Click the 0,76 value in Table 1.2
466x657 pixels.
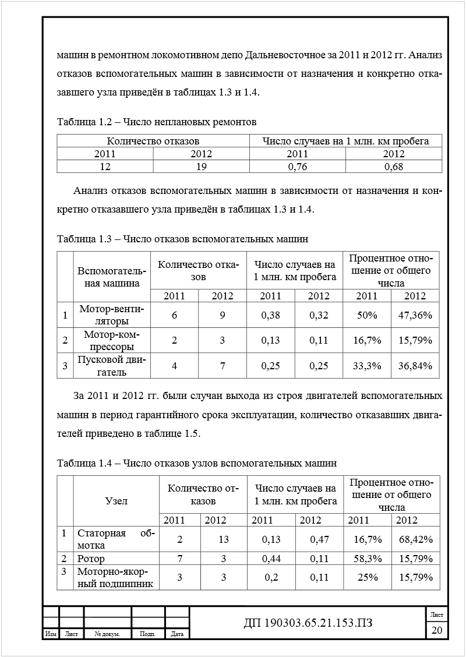pos(297,167)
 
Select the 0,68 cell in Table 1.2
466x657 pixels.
pos(394,167)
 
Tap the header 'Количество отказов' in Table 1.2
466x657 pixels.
pos(153,141)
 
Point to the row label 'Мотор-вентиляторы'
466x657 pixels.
pos(111,315)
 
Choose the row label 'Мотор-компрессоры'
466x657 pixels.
pos(111,340)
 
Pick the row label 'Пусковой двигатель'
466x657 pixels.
pos(111,366)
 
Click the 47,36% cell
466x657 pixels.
pos(415,315)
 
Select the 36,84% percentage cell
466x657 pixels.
pos(415,366)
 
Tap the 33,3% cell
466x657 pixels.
pos(367,366)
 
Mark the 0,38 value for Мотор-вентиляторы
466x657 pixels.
pos(270,315)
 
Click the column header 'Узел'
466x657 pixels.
pos(116,500)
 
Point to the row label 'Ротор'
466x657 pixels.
pos(91,559)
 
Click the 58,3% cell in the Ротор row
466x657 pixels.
pos(368,559)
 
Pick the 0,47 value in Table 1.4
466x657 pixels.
pos(319,540)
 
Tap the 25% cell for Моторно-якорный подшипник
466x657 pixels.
pos(368,578)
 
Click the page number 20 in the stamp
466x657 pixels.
pos(437,630)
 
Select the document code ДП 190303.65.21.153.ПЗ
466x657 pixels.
pos(308,623)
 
